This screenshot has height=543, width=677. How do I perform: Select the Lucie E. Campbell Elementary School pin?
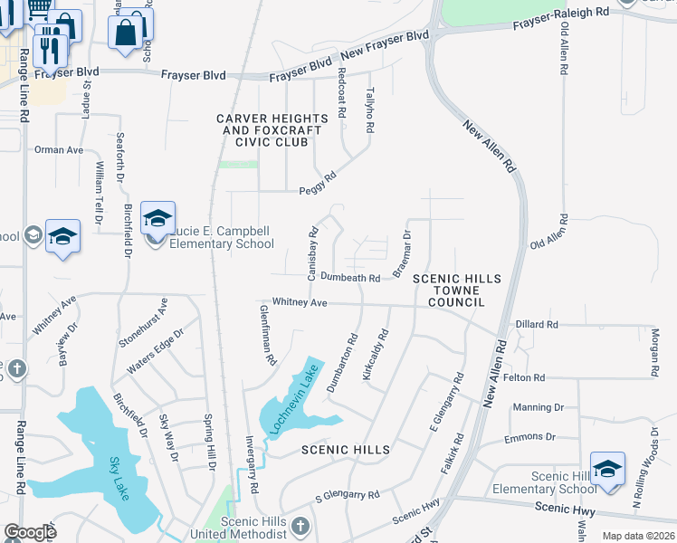(x=157, y=220)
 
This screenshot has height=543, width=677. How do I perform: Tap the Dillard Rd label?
(x=537, y=323)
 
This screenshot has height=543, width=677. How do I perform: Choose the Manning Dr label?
(x=538, y=407)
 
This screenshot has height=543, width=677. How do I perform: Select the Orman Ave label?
(x=58, y=149)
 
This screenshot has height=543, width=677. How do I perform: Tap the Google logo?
(x=30, y=532)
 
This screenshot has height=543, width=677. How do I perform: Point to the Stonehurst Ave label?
(x=143, y=323)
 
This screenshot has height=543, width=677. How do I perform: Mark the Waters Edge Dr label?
(x=155, y=350)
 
